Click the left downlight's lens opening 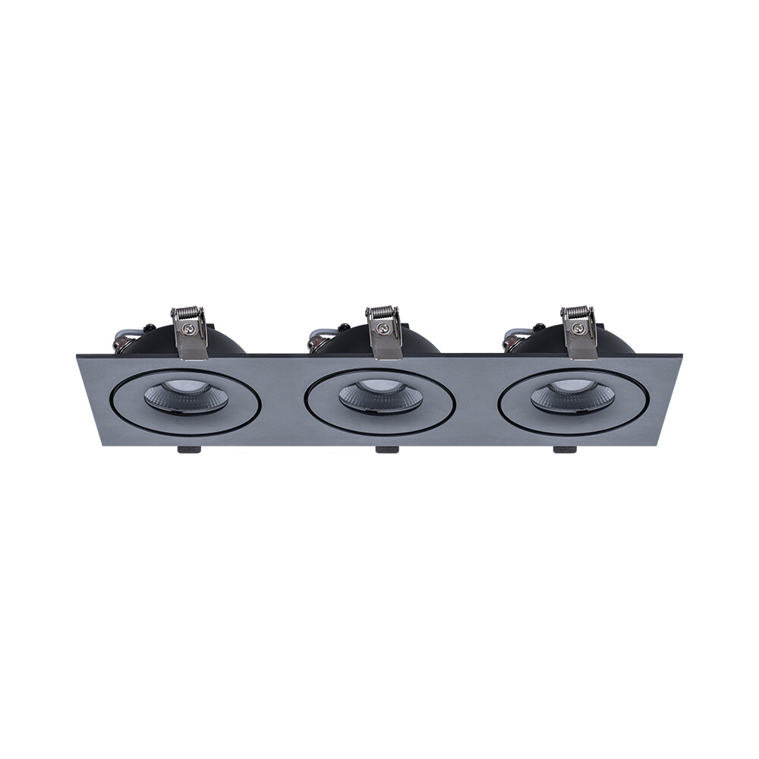click(185, 397)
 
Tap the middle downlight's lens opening click(380, 397)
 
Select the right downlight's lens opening click(573, 397)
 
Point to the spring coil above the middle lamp click(383, 313)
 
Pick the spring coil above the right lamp click(578, 313)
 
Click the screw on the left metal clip click(190, 329)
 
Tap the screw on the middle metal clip click(385, 329)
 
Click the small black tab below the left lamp click(188, 449)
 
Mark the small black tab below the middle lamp click(387, 449)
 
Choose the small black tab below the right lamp click(565, 449)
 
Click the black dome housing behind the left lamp click(220, 342)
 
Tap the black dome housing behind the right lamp click(611, 341)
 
